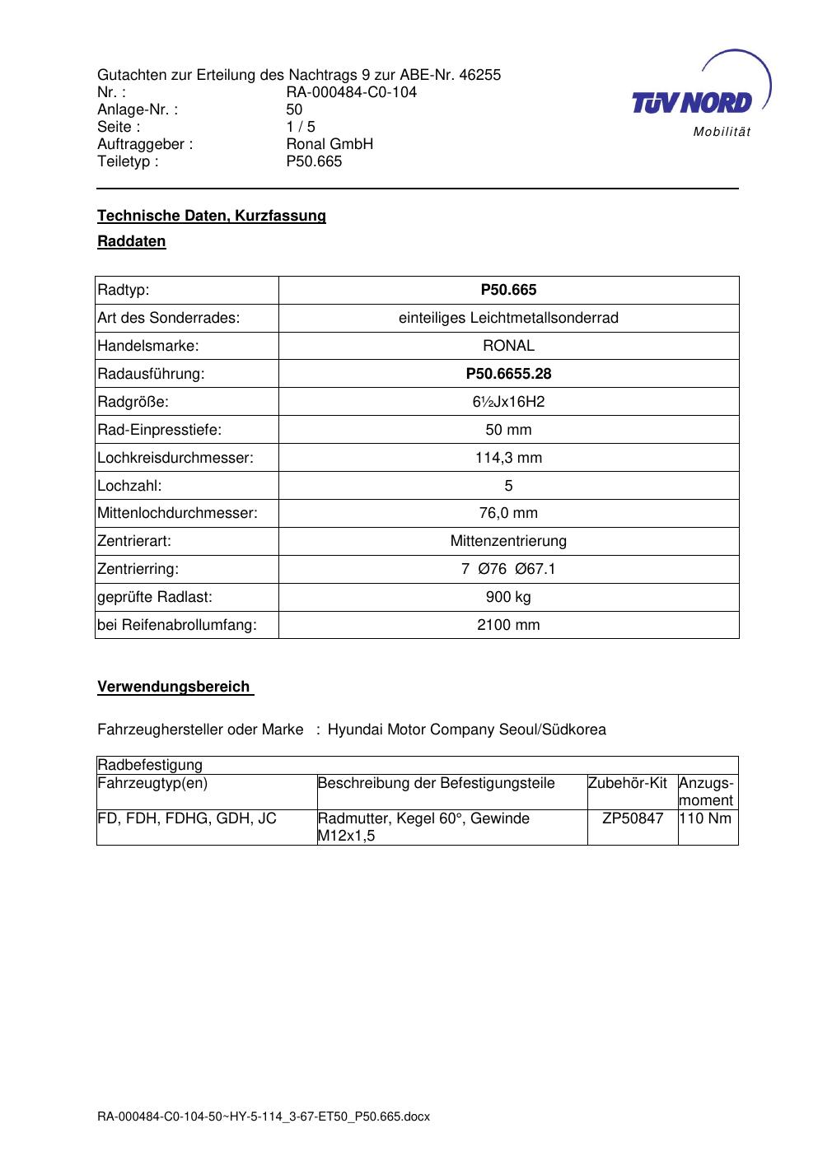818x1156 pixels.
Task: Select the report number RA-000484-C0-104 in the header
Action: click(351, 92)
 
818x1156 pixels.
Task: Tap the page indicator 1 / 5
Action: click(301, 127)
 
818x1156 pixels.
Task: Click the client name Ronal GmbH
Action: click(330, 144)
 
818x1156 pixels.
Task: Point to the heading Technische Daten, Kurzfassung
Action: click(212, 216)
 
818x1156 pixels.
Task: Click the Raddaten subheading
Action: click(132, 241)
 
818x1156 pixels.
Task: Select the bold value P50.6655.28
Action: click(508, 374)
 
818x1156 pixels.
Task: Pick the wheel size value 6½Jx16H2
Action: click(508, 402)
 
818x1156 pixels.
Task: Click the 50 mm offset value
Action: click(508, 430)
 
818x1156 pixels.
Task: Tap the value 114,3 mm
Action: click(508, 458)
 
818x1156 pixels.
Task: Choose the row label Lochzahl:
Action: click(129, 486)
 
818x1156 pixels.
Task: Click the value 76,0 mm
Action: click(508, 513)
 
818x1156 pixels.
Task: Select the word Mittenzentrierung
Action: click(508, 541)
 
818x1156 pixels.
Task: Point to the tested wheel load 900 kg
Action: click(508, 597)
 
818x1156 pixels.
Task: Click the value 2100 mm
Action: click(508, 625)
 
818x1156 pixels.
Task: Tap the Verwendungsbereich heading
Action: click(174, 687)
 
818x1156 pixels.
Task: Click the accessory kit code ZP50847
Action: click(633, 818)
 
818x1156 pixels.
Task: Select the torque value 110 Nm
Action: click(705, 818)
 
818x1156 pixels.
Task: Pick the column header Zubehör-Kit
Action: click(628, 783)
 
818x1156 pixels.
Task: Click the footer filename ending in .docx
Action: click(264, 1117)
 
